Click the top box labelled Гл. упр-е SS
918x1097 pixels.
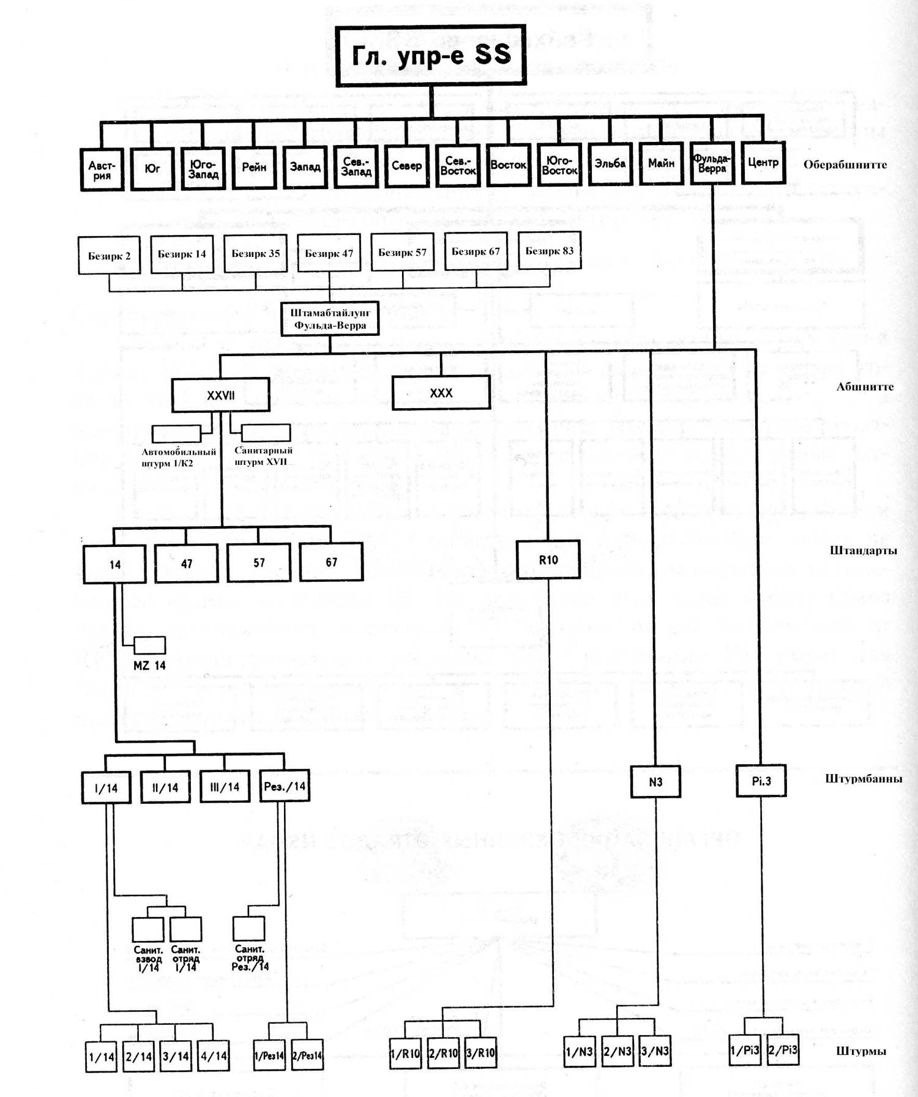[x=431, y=56]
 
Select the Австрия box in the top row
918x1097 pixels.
[x=102, y=169]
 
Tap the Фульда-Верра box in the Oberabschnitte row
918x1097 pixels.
[x=712, y=163]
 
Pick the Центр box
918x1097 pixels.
[x=763, y=163]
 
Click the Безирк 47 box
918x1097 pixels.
[x=329, y=253]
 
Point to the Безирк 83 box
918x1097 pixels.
[x=550, y=250]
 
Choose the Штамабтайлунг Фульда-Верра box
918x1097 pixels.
[x=330, y=319]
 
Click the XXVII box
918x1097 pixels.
[x=221, y=395]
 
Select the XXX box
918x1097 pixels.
[x=441, y=393]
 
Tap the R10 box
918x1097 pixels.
[x=548, y=560]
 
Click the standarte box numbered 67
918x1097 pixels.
[x=331, y=562]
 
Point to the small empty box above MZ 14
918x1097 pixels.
[x=149, y=645]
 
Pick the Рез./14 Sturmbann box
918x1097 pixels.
[x=285, y=786]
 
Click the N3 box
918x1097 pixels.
[x=655, y=782]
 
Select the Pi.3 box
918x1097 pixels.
[x=761, y=781]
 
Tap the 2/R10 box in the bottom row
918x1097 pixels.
[x=443, y=1053]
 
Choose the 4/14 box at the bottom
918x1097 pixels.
[x=214, y=1056]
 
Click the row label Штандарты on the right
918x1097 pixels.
[x=864, y=551]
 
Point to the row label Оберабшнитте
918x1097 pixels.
[x=845, y=165]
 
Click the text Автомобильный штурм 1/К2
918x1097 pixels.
[x=179, y=458]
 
